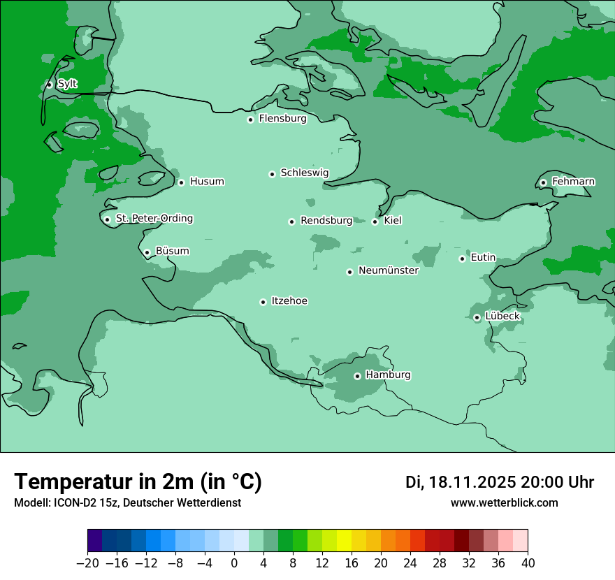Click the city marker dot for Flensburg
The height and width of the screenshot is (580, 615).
point(250,119)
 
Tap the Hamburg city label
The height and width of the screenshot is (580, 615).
point(388,375)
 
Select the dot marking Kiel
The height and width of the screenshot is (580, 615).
point(375,222)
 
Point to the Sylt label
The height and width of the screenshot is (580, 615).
point(67,84)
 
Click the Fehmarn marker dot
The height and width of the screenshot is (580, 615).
point(544,182)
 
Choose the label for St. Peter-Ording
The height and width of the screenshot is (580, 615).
point(154,219)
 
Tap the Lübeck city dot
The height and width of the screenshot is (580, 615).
point(477,317)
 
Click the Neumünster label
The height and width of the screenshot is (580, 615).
point(388,271)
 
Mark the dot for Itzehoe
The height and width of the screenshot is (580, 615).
point(263,302)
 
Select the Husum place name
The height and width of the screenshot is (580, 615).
point(207,182)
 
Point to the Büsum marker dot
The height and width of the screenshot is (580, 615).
point(147,252)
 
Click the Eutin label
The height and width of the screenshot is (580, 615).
point(483,258)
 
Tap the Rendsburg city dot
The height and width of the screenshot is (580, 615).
point(292,222)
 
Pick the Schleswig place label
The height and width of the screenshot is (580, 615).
point(304,173)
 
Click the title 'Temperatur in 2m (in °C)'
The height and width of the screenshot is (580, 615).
point(138,482)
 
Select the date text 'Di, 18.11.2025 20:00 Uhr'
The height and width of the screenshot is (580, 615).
point(500,483)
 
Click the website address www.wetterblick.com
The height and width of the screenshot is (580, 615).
point(504,503)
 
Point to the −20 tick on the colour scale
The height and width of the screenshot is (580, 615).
point(87,563)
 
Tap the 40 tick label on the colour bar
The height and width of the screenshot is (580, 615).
point(528,563)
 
